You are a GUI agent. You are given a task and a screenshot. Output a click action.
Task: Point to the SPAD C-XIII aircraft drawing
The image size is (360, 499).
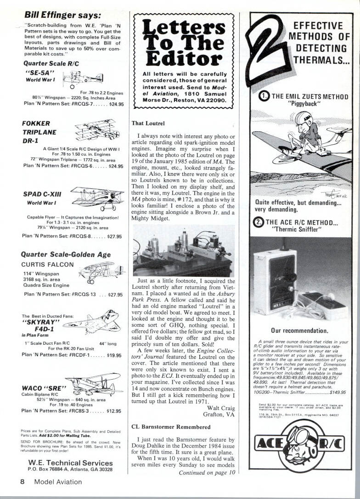pos(97,198)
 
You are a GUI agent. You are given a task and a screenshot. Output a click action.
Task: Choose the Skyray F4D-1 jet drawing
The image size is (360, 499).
pos(92,322)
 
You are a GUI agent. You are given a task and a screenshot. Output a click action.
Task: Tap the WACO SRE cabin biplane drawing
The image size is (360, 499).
pos(94,384)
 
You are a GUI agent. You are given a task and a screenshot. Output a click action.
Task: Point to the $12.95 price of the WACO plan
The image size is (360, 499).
pos(113,411)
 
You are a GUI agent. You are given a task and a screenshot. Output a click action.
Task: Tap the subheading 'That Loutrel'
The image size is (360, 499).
pos(148,123)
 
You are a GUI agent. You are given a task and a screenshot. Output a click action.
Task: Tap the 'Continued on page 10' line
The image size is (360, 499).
pos(207,472)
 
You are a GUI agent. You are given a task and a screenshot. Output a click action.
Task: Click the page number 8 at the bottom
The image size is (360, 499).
pos(22,482)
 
